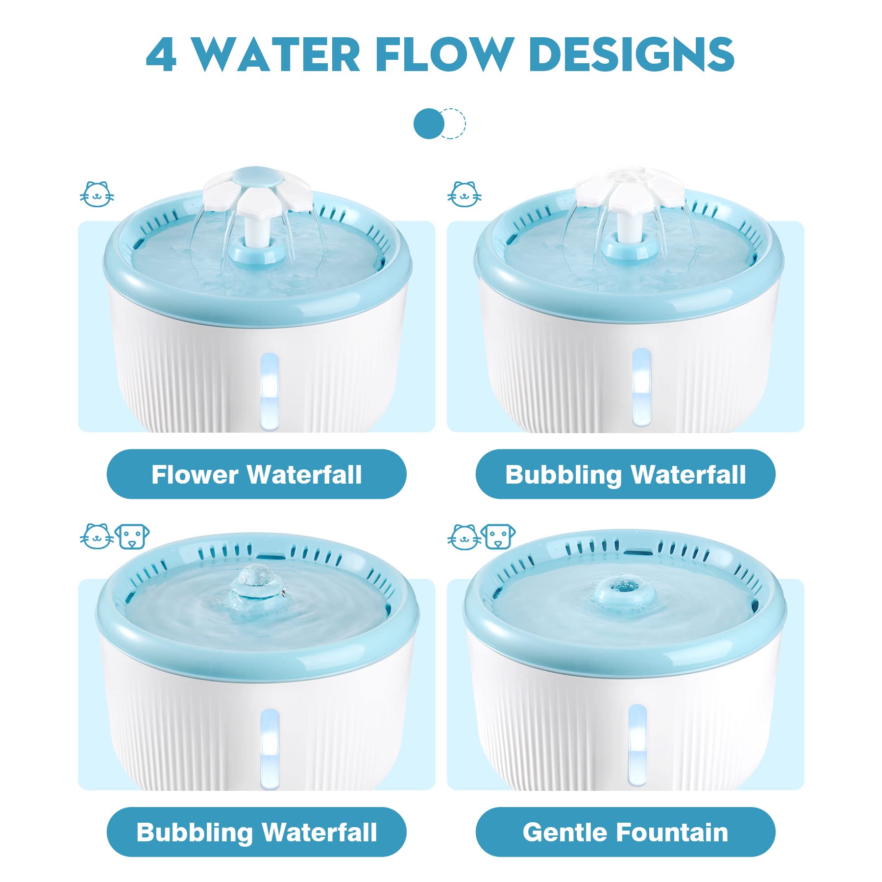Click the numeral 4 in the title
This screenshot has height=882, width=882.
click(x=161, y=55)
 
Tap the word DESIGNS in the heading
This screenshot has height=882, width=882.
click(x=632, y=54)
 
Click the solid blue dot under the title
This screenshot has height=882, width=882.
click(x=429, y=123)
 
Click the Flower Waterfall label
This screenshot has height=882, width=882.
click(x=257, y=474)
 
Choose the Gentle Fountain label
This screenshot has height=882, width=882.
click(x=625, y=833)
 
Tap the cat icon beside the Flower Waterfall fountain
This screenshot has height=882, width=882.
click(x=97, y=194)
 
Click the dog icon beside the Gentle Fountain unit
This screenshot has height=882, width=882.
click(x=498, y=537)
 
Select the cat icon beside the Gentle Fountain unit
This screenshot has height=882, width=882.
click(x=465, y=537)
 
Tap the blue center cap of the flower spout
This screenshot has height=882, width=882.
click(x=257, y=176)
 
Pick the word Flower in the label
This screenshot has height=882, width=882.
click(x=195, y=474)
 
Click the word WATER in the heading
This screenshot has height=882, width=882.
click(x=276, y=54)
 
